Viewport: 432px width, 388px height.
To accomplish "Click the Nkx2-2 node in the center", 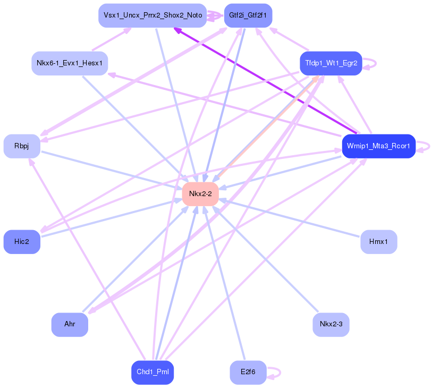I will click(200, 194).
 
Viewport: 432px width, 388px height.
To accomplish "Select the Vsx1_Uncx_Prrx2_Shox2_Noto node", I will click(152, 15).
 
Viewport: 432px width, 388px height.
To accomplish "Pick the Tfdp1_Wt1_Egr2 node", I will click(331, 63).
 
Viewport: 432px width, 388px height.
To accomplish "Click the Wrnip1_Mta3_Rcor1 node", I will click(378, 146).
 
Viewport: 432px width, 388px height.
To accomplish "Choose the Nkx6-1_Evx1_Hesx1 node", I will click(70, 63).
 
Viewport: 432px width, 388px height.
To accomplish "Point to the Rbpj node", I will click(22, 146).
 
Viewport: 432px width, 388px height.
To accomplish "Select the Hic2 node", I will click(22, 242).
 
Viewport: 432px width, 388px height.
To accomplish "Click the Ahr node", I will click(70, 324).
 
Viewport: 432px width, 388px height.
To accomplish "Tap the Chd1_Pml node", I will click(153, 372).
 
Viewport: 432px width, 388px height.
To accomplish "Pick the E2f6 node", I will click(248, 372).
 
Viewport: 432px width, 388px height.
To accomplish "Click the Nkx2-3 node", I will click(331, 324).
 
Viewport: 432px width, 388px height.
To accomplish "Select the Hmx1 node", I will click(378, 242).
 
